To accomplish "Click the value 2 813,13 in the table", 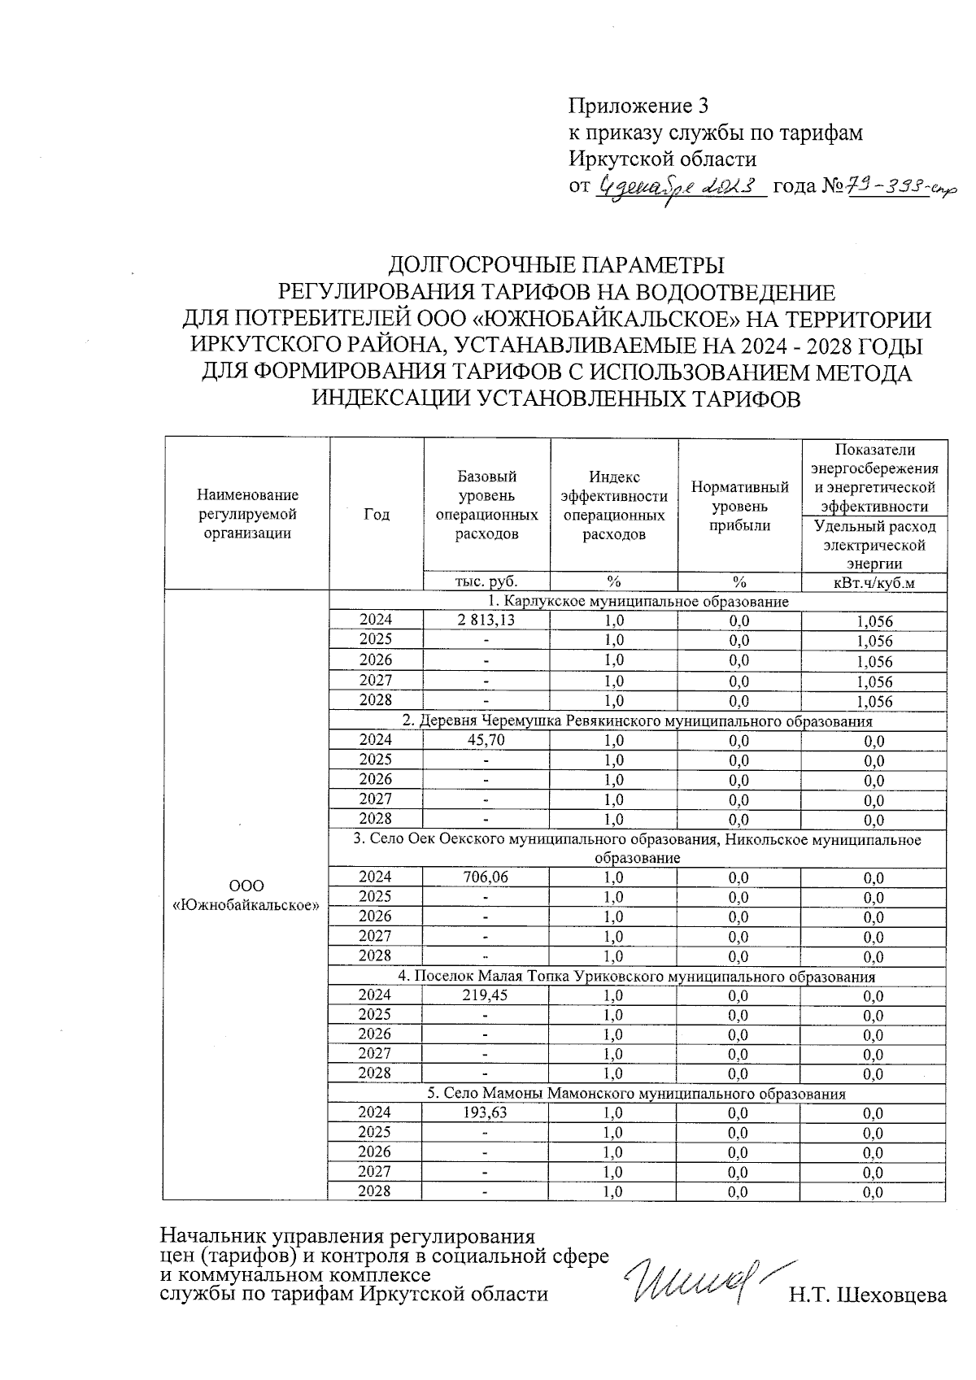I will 486,620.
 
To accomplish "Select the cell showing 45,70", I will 486,740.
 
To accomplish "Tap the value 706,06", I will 486,877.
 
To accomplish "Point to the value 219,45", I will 486,995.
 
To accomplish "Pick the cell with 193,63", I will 486,1112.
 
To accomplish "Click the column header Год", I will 376,514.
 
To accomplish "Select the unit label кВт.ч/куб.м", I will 874,581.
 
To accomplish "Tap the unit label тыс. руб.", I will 486,581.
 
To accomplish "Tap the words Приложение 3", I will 638,107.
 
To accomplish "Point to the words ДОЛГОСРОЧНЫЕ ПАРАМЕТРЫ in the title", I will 556,265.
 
